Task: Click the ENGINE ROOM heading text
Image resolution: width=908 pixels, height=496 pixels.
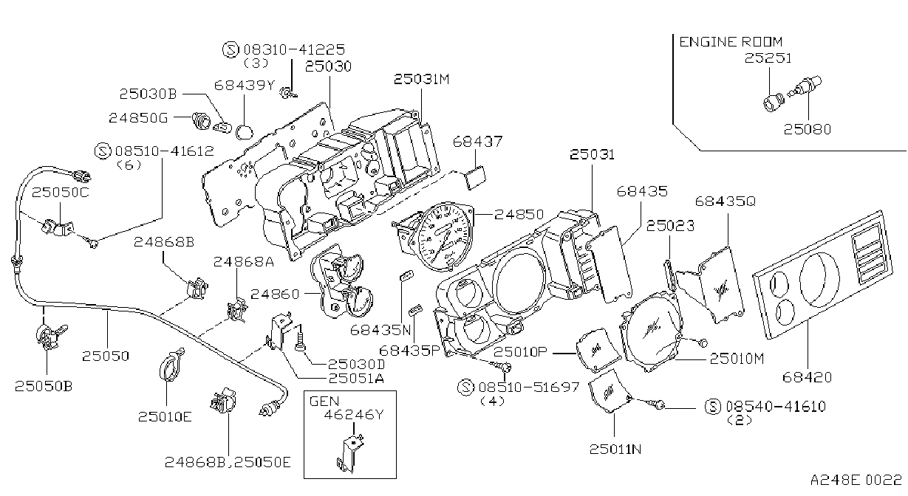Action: [x=731, y=42]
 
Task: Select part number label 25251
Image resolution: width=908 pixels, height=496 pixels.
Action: [x=768, y=58]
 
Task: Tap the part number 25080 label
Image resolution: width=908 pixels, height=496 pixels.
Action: [x=807, y=129]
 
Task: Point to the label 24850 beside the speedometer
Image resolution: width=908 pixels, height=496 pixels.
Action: [x=519, y=214]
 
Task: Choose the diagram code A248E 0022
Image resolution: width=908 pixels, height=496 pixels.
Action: [x=856, y=480]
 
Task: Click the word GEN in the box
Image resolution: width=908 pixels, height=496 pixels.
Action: [x=324, y=402]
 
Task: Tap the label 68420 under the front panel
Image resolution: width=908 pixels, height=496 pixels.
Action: [x=807, y=377]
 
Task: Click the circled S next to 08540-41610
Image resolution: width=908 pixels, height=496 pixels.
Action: [x=713, y=406]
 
